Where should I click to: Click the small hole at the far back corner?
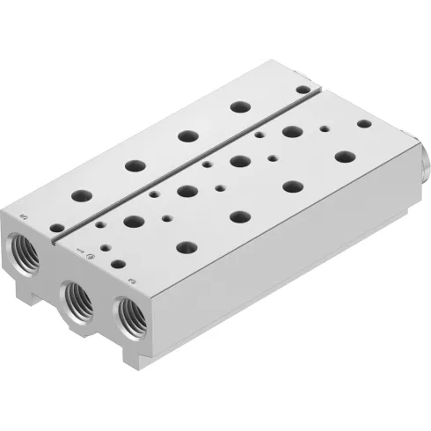pos(303,89)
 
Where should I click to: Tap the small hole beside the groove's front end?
pos(56,228)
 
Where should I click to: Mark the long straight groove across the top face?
pos(185,164)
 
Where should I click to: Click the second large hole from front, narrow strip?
pos(134,164)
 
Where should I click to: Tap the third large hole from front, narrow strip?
pos(185,135)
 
